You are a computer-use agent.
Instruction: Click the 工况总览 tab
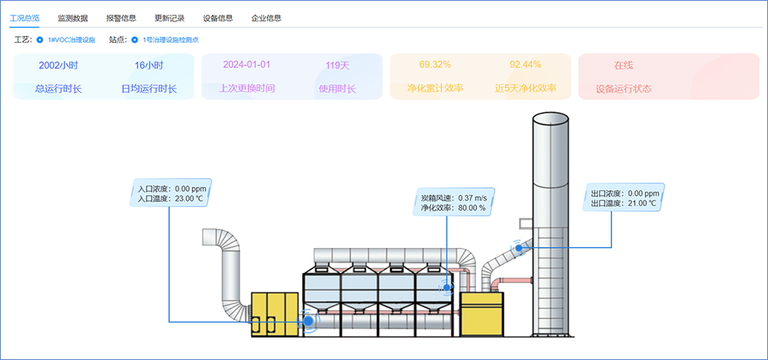[24, 17]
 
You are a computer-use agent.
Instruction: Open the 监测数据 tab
[73, 17]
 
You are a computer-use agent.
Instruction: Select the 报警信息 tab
[121, 17]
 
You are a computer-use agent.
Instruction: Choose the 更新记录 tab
[170, 17]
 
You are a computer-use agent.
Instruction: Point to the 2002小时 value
[58, 65]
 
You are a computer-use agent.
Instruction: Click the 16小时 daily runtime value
[149, 65]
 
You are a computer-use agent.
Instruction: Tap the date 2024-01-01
[247, 65]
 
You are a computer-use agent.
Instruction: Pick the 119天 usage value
[338, 65]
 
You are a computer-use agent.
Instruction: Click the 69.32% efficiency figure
[435, 64]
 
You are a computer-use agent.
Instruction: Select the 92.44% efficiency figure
[525, 64]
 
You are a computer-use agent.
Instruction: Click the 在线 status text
[624, 65]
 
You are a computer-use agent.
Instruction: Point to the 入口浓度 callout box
[170, 192]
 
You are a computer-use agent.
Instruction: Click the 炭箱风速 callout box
[452, 202]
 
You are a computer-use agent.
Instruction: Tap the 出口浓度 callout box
[623, 198]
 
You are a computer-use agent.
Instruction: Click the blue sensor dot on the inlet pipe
[310, 321]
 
